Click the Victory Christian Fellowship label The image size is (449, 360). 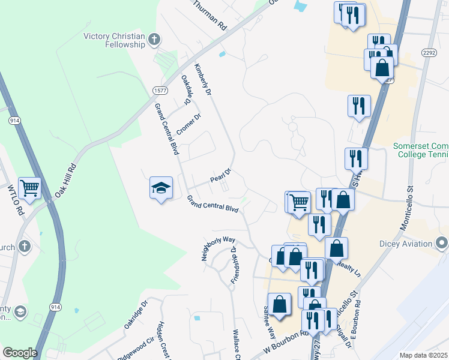click(x=115, y=40)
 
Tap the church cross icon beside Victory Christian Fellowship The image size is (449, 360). click(x=154, y=40)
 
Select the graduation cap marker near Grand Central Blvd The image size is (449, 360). click(x=161, y=188)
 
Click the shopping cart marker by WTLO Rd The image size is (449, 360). click(x=29, y=188)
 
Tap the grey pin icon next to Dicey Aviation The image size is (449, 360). click(x=442, y=243)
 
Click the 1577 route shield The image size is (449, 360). click(x=160, y=91)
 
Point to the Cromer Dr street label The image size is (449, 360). click(x=188, y=124)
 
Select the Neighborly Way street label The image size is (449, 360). click(x=218, y=247)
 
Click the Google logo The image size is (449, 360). click(x=20, y=353)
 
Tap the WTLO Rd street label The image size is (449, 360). click(x=15, y=201)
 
